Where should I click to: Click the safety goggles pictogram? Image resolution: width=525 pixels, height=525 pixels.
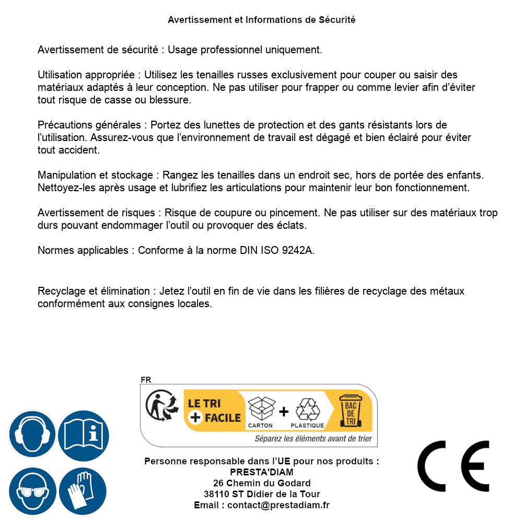(32, 492)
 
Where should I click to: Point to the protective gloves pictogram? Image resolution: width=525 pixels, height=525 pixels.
(83, 492)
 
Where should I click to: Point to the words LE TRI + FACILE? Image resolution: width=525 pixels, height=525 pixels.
(214, 410)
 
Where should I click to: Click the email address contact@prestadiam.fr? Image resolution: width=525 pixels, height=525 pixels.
(278, 505)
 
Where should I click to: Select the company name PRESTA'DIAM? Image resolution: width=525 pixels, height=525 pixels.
(262, 472)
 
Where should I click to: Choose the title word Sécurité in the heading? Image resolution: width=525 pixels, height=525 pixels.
(337, 20)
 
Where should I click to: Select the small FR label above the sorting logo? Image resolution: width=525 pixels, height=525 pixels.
(146, 380)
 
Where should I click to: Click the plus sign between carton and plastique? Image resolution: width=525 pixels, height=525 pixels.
(284, 412)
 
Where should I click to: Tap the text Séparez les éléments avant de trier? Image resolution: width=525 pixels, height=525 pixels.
(313, 438)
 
